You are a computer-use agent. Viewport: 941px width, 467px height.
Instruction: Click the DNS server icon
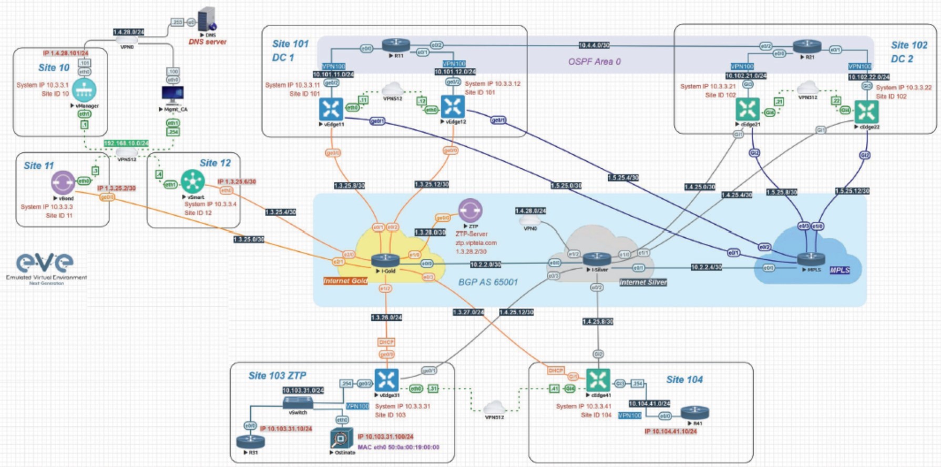(x=207, y=19)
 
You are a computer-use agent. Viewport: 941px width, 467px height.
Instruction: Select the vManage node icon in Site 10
(x=84, y=90)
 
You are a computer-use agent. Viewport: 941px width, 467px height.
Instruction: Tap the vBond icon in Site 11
(x=63, y=182)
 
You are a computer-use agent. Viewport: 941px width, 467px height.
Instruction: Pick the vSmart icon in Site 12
(x=192, y=181)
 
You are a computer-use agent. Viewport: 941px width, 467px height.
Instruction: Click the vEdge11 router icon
(x=331, y=109)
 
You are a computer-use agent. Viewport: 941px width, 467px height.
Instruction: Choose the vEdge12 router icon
(x=453, y=107)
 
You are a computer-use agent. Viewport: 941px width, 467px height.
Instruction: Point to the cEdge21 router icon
(x=747, y=109)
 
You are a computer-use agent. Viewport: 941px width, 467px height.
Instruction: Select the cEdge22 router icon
(x=866, y=111)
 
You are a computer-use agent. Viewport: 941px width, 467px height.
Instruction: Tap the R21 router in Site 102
(x=807, y=47)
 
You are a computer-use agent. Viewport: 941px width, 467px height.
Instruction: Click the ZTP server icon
(x=470, y=210)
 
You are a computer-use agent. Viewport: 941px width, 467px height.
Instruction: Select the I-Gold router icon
(x=385, y=260)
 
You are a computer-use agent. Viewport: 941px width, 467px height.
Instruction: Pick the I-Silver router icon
(x=597, y=259)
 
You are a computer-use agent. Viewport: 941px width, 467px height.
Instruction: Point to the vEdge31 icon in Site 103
(x=386, y=380)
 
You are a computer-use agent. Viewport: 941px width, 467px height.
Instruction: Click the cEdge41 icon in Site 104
(x=598, y=380)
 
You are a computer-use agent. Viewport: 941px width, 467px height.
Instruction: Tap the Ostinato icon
(x=341, y=438)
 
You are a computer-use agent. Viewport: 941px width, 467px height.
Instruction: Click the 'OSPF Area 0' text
(x=594, y=62)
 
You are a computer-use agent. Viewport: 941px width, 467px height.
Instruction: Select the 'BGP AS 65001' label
(x=488, y=282)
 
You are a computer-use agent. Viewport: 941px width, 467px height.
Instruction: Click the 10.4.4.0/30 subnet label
(x=594, y=45)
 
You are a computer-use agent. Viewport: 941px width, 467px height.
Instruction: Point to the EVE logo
(x=45, y=263)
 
